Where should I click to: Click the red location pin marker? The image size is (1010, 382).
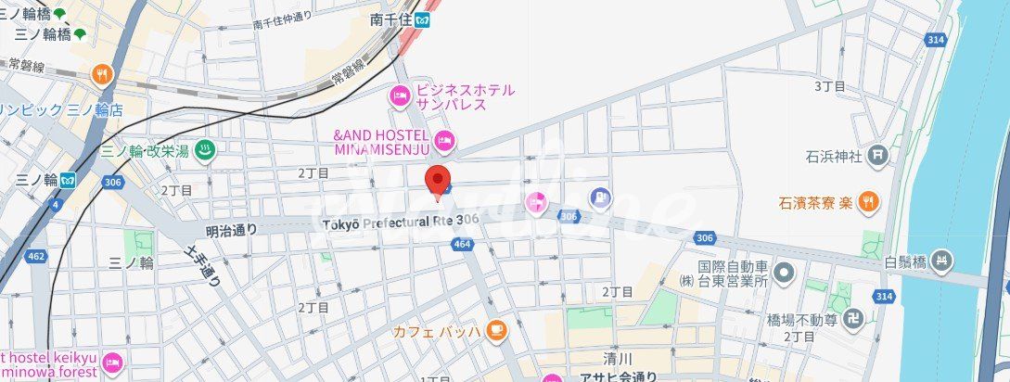[438, 181]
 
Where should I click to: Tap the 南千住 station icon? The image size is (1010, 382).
[424, 19]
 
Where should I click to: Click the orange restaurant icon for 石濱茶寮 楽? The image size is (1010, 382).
[867, 200]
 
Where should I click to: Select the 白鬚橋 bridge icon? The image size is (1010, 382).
[943, 261]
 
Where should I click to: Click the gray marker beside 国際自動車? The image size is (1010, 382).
[785, 273]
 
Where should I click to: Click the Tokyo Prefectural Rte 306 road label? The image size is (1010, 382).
[401, 221]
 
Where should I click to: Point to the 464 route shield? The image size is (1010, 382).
[463, 244]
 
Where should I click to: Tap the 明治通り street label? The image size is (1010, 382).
[230, 228]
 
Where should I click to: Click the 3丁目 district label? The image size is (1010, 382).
[829, 86]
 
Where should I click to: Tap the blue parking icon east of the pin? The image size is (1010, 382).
[602, 197]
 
